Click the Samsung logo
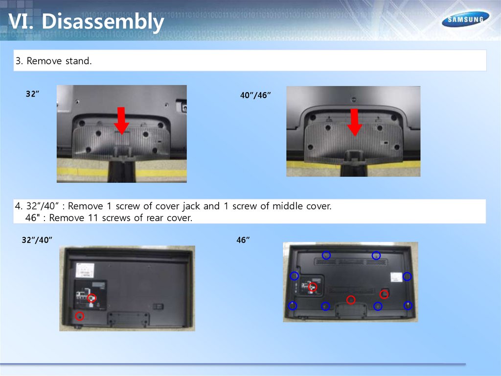(x=466, y=20)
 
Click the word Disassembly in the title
(x=103, y=22)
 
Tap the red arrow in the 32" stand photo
(x=121, y=121)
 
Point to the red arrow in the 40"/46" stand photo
(x=354, y=123)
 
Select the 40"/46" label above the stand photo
(x=255, y=95)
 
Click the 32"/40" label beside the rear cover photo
(x=37, y=240)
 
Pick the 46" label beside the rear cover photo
(x=243, y=240)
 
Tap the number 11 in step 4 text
(x=92, y=218)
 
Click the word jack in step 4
(x=191, y=206)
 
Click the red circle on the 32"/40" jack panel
(x=91, y=298)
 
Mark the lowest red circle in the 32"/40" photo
(x=80, y=316)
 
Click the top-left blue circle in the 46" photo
(x=326, y=255)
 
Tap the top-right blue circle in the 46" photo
(x=376, y=255)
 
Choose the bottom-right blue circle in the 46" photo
(x=408, y=305)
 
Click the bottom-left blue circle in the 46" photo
(x=293, y=306)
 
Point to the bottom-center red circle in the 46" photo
(x=351, y=300)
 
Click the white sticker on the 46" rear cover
(x=396, y=277)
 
